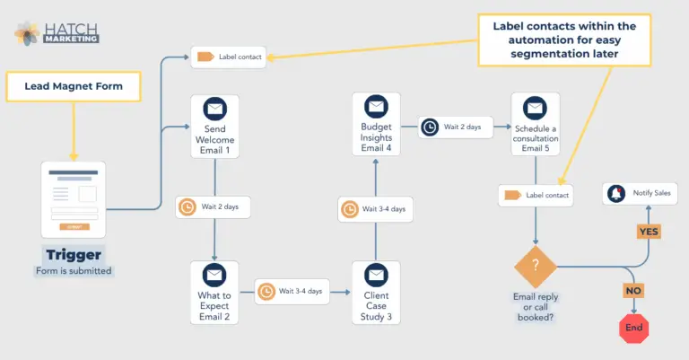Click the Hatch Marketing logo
point(56,33)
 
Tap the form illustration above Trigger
point(73,199)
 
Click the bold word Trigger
point(73,254)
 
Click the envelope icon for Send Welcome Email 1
point(214,110)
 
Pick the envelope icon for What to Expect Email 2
point(214,276)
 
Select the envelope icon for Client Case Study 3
point(376,276)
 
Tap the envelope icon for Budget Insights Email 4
point(376,107)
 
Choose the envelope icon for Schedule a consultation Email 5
point(535,108)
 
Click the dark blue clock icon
point(430,127)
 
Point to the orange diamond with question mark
point(536,267)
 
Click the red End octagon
point(633,328)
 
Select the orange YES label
point(649,231)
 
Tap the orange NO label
point(633,291)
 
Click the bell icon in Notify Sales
point(616,193)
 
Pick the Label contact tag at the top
point(228,57)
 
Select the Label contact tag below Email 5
point(536,195)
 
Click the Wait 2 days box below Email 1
point(213,206)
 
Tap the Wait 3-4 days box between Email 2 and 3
point(292,291)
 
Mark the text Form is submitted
point(73,271)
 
